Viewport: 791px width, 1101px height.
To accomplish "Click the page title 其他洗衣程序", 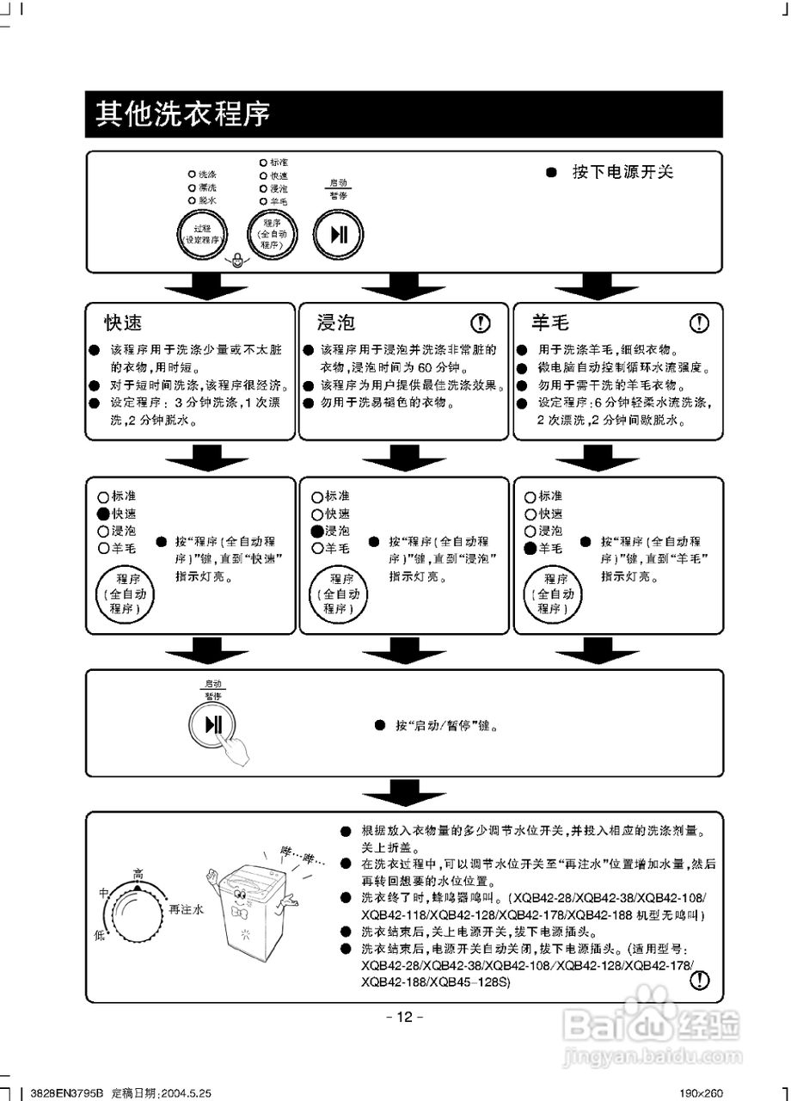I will [x=182, y=114].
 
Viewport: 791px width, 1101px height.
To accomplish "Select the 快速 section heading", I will [x=123, y=323].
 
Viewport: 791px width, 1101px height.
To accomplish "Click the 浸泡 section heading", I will [x=335, y=323].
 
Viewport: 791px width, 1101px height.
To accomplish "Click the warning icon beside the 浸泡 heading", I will [x=481, y=323].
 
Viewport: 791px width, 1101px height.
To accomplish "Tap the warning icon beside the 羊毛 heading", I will [x=700, y=323].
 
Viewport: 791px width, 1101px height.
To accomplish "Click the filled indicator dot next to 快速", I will [x=104, y=514].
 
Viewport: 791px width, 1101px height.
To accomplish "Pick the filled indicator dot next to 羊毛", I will [x=530, y=548].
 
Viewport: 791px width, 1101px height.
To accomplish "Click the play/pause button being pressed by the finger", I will [x=213, y=725].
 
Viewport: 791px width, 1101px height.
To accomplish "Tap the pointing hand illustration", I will [x=235, y=747].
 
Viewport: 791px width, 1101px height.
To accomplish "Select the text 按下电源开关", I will [x=623, y=172].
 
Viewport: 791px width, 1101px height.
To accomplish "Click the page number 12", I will [x=403, y=1017].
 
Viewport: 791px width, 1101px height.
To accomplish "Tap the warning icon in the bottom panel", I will [x=702, y=979].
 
